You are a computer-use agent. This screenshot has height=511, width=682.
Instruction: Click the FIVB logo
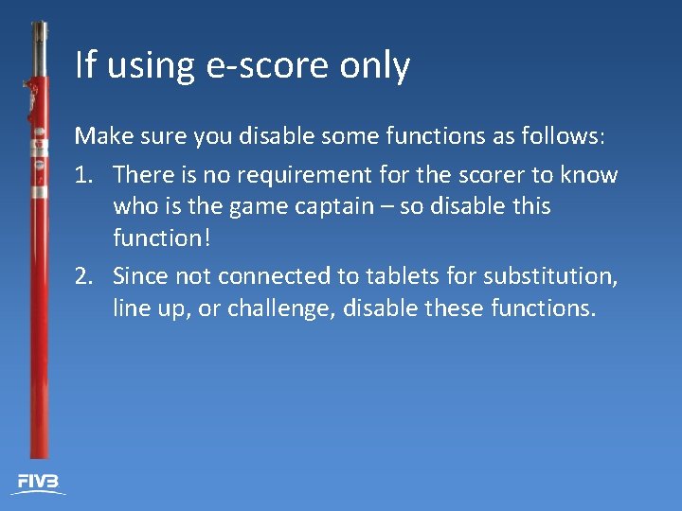click(39, 483)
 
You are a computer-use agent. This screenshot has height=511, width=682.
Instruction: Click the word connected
click(276, 276)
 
